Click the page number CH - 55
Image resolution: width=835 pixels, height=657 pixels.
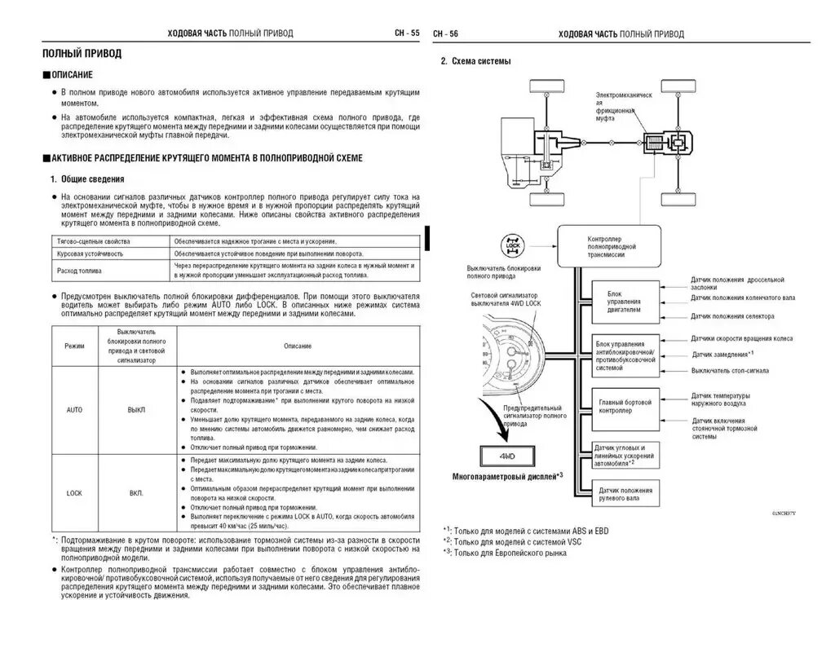click(406, 33)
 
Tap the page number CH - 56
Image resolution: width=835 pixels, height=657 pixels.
click(446, 33)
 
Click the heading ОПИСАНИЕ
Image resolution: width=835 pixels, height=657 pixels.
click(72, 74)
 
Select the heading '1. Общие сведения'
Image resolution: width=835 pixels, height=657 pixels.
click(87, 179)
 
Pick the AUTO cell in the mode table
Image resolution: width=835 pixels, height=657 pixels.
click(74, 409)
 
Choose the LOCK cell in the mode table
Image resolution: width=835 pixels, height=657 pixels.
click(74, 493)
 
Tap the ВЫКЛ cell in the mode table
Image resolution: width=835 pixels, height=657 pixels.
click(135, 409)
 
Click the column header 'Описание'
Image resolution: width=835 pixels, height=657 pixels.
click(298, 346)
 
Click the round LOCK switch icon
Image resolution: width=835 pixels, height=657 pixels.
click(513, 245)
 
